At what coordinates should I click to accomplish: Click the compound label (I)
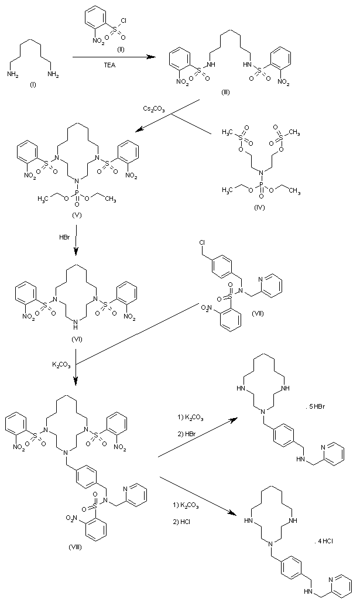pos(32,84)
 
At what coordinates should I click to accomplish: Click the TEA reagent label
pos(109,65)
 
